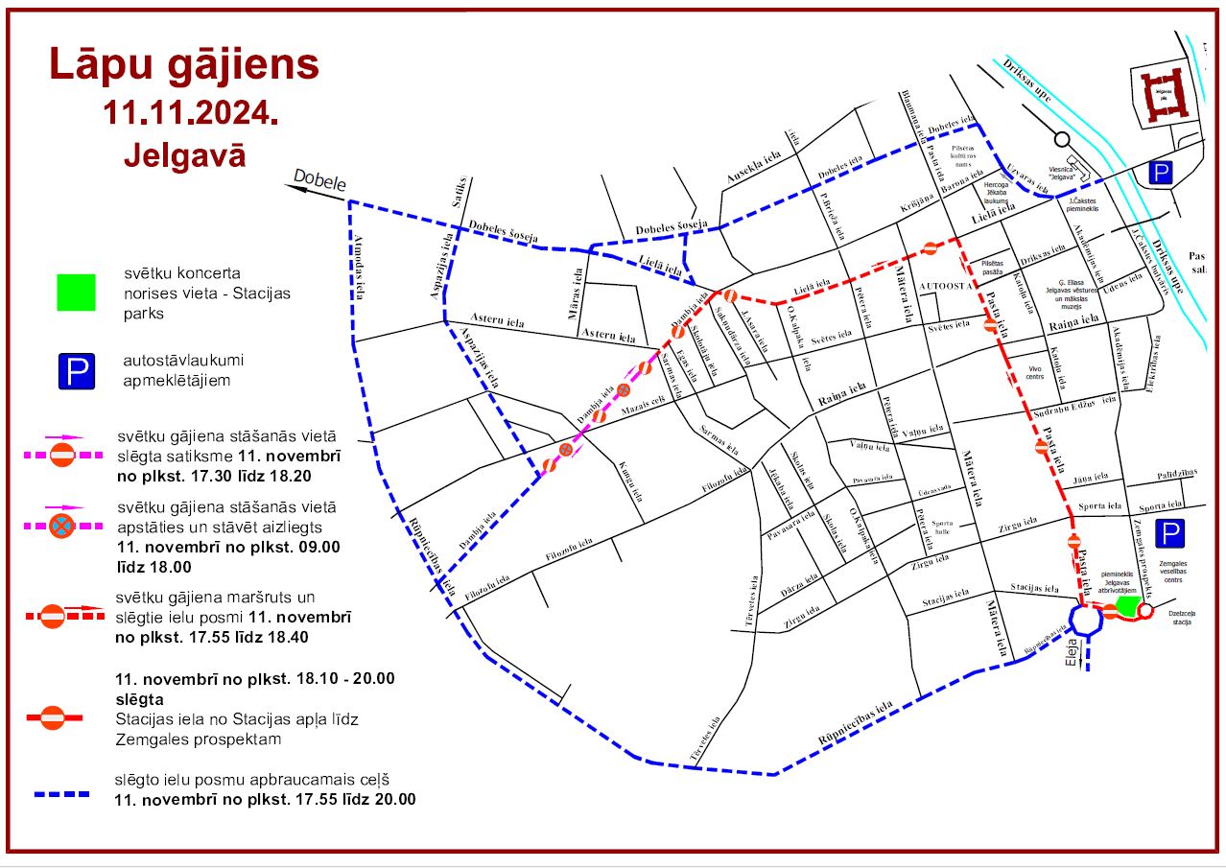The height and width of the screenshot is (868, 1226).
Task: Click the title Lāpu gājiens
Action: tap(184, 65)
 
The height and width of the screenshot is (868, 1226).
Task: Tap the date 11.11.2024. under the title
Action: tap(191, 112)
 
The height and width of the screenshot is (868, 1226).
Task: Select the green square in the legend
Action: tap(77, 293)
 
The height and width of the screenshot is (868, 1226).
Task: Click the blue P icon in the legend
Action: tap(77, 371)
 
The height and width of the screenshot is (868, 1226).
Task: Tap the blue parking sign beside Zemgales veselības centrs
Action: tap(1168, 533)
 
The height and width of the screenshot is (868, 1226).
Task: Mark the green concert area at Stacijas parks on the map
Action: tap(1127, 607)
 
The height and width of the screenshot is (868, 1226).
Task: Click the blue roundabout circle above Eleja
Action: tap(1087, 621)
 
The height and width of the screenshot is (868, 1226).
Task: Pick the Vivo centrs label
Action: tap(1034, 372)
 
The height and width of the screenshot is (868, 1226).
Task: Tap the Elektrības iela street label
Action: tap(1156, 363)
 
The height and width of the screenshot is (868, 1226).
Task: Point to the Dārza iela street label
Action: tap(798, 592)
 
